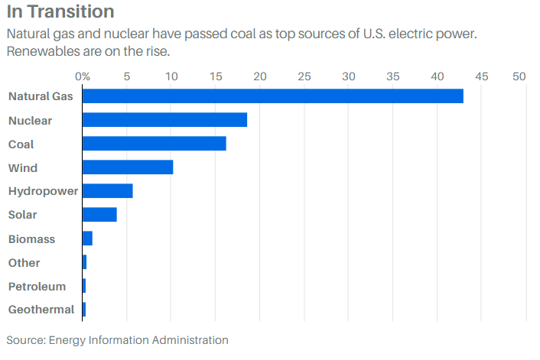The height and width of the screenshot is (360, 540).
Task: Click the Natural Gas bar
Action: click(272, 96)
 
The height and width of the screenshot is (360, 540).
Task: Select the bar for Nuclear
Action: click(164, 120)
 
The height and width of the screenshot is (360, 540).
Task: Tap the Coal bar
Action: click(154, 144)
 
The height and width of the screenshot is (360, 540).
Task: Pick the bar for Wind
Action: click(128, 167)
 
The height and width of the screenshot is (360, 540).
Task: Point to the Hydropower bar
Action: click(107, 191)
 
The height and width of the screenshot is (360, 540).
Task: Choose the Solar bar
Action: click(99, 215)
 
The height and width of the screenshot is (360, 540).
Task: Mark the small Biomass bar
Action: click(87, 238)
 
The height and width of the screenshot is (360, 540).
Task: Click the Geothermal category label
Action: click(41, 310)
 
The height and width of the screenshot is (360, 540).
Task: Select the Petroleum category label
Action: click(37, 286)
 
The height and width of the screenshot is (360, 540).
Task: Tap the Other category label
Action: click(24, 262)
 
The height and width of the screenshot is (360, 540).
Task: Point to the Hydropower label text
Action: click(43, 191)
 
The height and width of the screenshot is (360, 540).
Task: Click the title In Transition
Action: click(60, 12)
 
